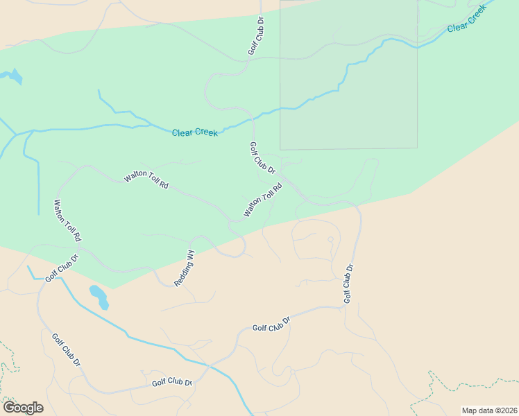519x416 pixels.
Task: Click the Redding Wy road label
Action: coord(185,269)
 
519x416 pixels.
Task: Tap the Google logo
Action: coord(23,408)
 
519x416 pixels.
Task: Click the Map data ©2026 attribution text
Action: coord(488,410)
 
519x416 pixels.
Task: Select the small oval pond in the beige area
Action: coord(99,296)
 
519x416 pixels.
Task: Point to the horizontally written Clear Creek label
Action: coord(195,132)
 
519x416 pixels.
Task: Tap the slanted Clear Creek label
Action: coord(466,21)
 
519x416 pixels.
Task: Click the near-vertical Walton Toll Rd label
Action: coord(68,220)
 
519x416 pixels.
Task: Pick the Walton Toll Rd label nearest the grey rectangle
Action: coord(263,200)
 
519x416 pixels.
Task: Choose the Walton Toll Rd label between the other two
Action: coord(146,180)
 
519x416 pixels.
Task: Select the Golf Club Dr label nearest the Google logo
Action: coord(67,349)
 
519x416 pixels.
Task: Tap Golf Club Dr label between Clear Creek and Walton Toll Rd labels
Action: coord(262,158)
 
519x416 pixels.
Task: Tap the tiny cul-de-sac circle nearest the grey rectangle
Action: coord(330,239)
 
